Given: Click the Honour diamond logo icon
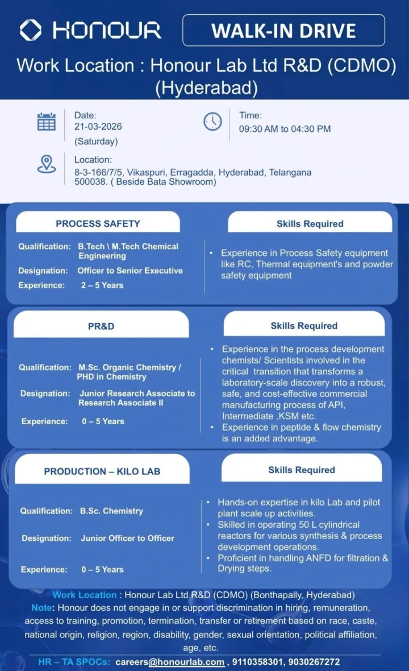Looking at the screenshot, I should pos(31,30).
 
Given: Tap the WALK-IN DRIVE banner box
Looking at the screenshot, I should pos(283,30).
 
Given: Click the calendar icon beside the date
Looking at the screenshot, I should pos(47,122).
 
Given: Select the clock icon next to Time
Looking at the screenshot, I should pos(212,121).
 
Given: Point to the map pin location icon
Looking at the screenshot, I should pos(47,164).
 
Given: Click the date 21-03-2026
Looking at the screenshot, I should pos(98,126).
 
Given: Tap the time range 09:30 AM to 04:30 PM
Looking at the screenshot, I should pos(285,129).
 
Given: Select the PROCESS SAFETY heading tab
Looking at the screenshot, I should pos(98,223).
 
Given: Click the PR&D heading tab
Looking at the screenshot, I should pos(101,326).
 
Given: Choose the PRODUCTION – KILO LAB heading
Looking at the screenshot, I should pos(102,471).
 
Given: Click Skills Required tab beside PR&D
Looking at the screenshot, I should pos(304,326).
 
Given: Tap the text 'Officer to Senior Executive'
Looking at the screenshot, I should pos(130,271).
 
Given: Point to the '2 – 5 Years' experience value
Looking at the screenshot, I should pos(102,285).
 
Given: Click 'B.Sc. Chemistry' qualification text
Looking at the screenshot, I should pos(111,511).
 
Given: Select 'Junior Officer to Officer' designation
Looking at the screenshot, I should pos(127,538).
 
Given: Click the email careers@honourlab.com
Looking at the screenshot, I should pos(170,662).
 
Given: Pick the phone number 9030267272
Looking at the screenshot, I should pos(314,662).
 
